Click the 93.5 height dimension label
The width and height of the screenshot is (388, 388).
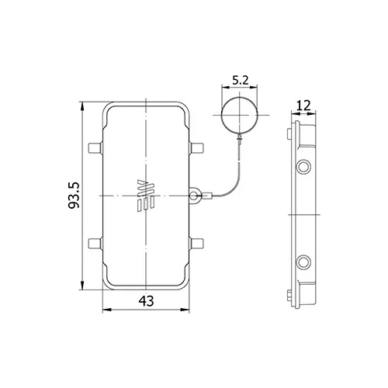[74, 196]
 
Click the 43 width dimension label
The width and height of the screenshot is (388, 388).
[146, 301]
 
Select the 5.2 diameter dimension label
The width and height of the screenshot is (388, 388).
[241, 80]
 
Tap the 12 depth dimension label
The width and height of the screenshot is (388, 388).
[303, 106]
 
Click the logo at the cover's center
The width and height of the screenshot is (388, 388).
[146, 196]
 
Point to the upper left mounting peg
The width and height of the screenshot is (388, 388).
[95, 147]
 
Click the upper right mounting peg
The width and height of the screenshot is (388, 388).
[196, 147]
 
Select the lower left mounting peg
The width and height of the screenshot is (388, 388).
[95, 244]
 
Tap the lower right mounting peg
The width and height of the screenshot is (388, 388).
[196, 244]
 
